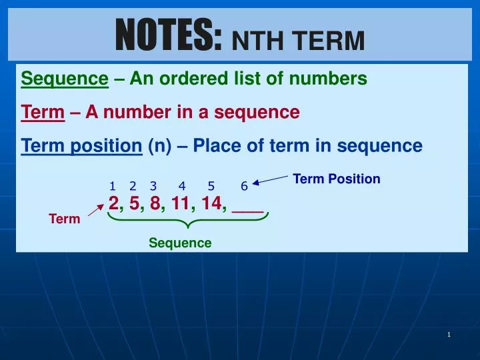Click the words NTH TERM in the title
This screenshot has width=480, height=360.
[x=297, y=41]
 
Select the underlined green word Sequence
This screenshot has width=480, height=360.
[x=65, y=79]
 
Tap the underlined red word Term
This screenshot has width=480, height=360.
[x=43, y=113]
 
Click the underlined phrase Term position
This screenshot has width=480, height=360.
[x=82, y=146]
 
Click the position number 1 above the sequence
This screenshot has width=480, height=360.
[x=112, y=186]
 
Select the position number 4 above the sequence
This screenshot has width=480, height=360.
[x=182, y=186]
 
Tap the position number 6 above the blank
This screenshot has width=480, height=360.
[x=244, y=186]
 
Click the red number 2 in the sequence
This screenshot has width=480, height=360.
[x=113, y=204]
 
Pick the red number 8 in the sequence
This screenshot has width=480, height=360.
[x=155, y=204]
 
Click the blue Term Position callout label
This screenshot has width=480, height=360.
[x=337, y=179]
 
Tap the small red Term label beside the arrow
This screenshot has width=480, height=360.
[x=65, y=219]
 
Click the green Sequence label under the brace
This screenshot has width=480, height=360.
[x=180, y=243]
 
